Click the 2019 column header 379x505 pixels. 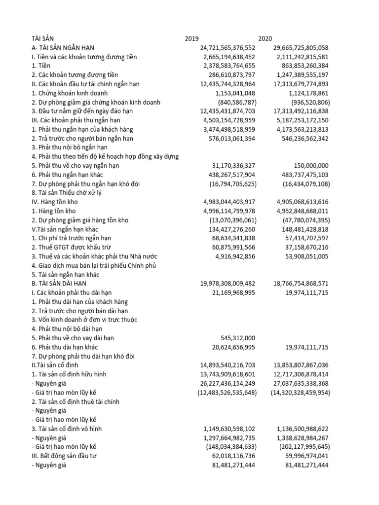point(192,38)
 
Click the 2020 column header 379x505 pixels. point(265,38)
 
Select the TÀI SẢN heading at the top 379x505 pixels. point(43,38)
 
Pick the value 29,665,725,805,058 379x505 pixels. point(301,48)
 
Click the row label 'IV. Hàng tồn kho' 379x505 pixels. point(55,202)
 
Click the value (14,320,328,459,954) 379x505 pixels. point(301,393)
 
